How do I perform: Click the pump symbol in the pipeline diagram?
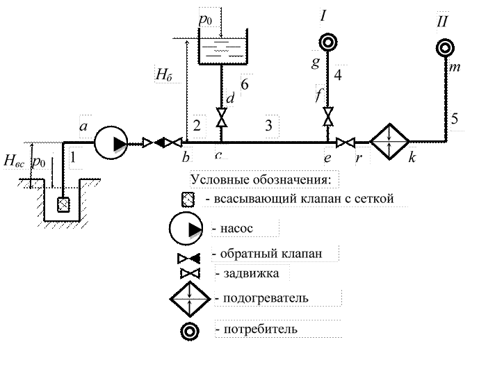pyautogui.click(x=111, y=143)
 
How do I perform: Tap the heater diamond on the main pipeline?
pyautogui.click(x=390, y=142)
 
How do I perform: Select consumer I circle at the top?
pyautogui.click(x=327, y=42)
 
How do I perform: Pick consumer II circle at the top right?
pyautogui.click(x=445, y=48)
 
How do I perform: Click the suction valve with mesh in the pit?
pyautogui.click(x=63, y=204)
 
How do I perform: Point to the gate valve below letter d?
pyautogui.click(x=222, y=117)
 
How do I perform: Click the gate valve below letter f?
pyautogui.click(x=328, y=116)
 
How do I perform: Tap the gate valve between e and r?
pyautogui.click(x=346, y=143)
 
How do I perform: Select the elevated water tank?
pyautogui.click(x=222, y=47)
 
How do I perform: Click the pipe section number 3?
pyautogui.click(x=268, y=125)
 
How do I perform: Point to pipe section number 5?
pyautogui.click(x=455, y=118)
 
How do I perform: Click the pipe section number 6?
pyautogui.click(x=245, y=85)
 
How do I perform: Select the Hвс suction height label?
pyautogui.click(x=14, y=161)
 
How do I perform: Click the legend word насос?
pyautogui.click(x=237, y=228)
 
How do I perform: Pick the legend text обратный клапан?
pyautogui.click(x=271, y=254)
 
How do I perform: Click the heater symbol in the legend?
pyautogui.click(x=190, y=299)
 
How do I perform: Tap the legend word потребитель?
pyautogui.click(x=260, y=329)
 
